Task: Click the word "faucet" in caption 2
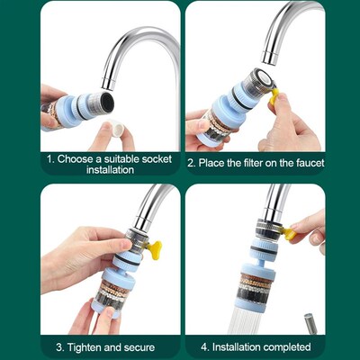tap(306, 164)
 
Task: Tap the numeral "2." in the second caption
tap(192, 164)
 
